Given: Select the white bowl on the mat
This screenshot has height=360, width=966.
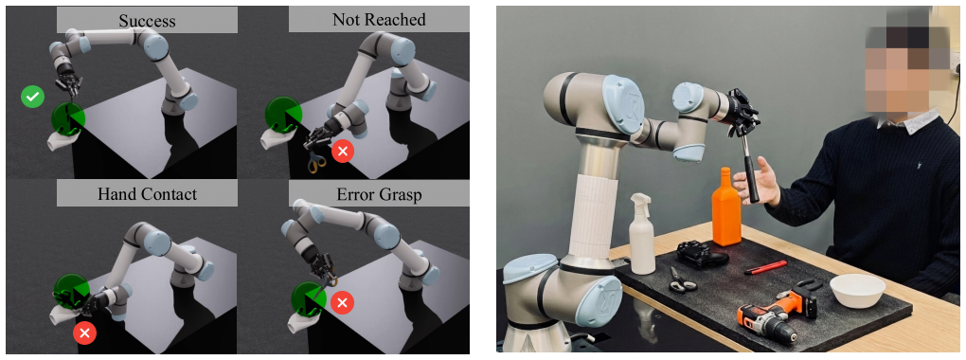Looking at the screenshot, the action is [857, 290].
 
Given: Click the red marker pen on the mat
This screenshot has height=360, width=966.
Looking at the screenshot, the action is [765, 267].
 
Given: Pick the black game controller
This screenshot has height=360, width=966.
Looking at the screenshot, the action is [702, 253].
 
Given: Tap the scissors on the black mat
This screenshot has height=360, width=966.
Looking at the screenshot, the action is [682, 279].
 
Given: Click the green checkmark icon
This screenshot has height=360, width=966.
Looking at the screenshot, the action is [32, 97].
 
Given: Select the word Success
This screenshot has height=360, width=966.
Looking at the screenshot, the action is [147, 20].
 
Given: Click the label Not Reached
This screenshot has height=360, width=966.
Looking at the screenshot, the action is [379, 20].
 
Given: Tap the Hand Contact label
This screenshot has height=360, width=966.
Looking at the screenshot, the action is [147, 194].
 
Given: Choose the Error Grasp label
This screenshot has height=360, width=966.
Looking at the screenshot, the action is [379, 194].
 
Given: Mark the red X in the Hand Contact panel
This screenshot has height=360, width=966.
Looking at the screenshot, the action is [84, 333].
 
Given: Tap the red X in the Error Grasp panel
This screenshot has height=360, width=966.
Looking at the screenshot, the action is [343, 302].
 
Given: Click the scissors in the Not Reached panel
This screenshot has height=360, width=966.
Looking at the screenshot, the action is [314, 161].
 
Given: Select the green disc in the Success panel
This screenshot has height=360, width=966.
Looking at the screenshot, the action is [68, 118].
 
